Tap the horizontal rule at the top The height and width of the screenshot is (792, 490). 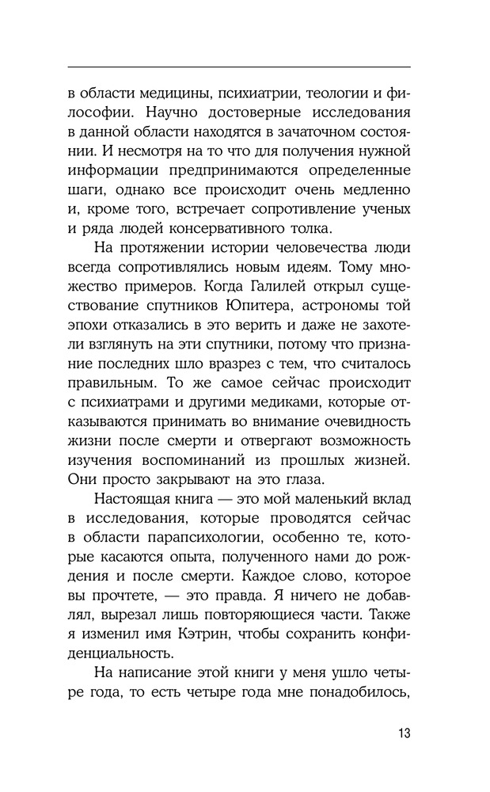(x=239, y=67)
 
